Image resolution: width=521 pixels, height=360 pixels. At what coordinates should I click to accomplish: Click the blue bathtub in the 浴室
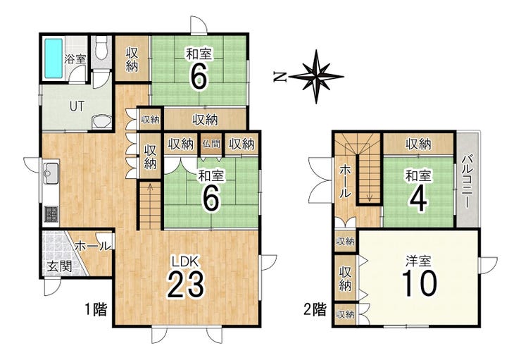pos(54,58)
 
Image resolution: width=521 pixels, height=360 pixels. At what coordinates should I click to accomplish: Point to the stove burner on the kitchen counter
pos(51,214)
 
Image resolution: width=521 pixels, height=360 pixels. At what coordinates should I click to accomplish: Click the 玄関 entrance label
pos(59,266)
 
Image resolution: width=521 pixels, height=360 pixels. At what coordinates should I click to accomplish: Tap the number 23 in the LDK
pos(185,284)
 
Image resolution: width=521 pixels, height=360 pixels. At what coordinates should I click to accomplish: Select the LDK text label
pos(185,261)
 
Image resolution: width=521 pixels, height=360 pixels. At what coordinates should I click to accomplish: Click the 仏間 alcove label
pos(211,144)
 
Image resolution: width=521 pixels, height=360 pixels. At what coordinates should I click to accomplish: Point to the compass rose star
pos(316,77)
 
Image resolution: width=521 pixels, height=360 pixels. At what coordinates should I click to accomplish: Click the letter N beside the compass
pos(280,77)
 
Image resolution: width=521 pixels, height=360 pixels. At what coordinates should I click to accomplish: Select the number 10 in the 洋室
pos(420,283)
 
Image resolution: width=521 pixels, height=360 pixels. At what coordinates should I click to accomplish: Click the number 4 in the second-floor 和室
pos(418,200)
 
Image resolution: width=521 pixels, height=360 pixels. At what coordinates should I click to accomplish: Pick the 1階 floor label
pos(96,310)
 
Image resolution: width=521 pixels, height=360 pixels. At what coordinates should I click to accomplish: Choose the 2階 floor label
pos(315,310)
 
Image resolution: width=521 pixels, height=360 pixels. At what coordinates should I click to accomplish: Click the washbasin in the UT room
pos(101,122)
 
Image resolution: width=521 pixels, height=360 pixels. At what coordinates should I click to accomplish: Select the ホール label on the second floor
pos(344,182)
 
